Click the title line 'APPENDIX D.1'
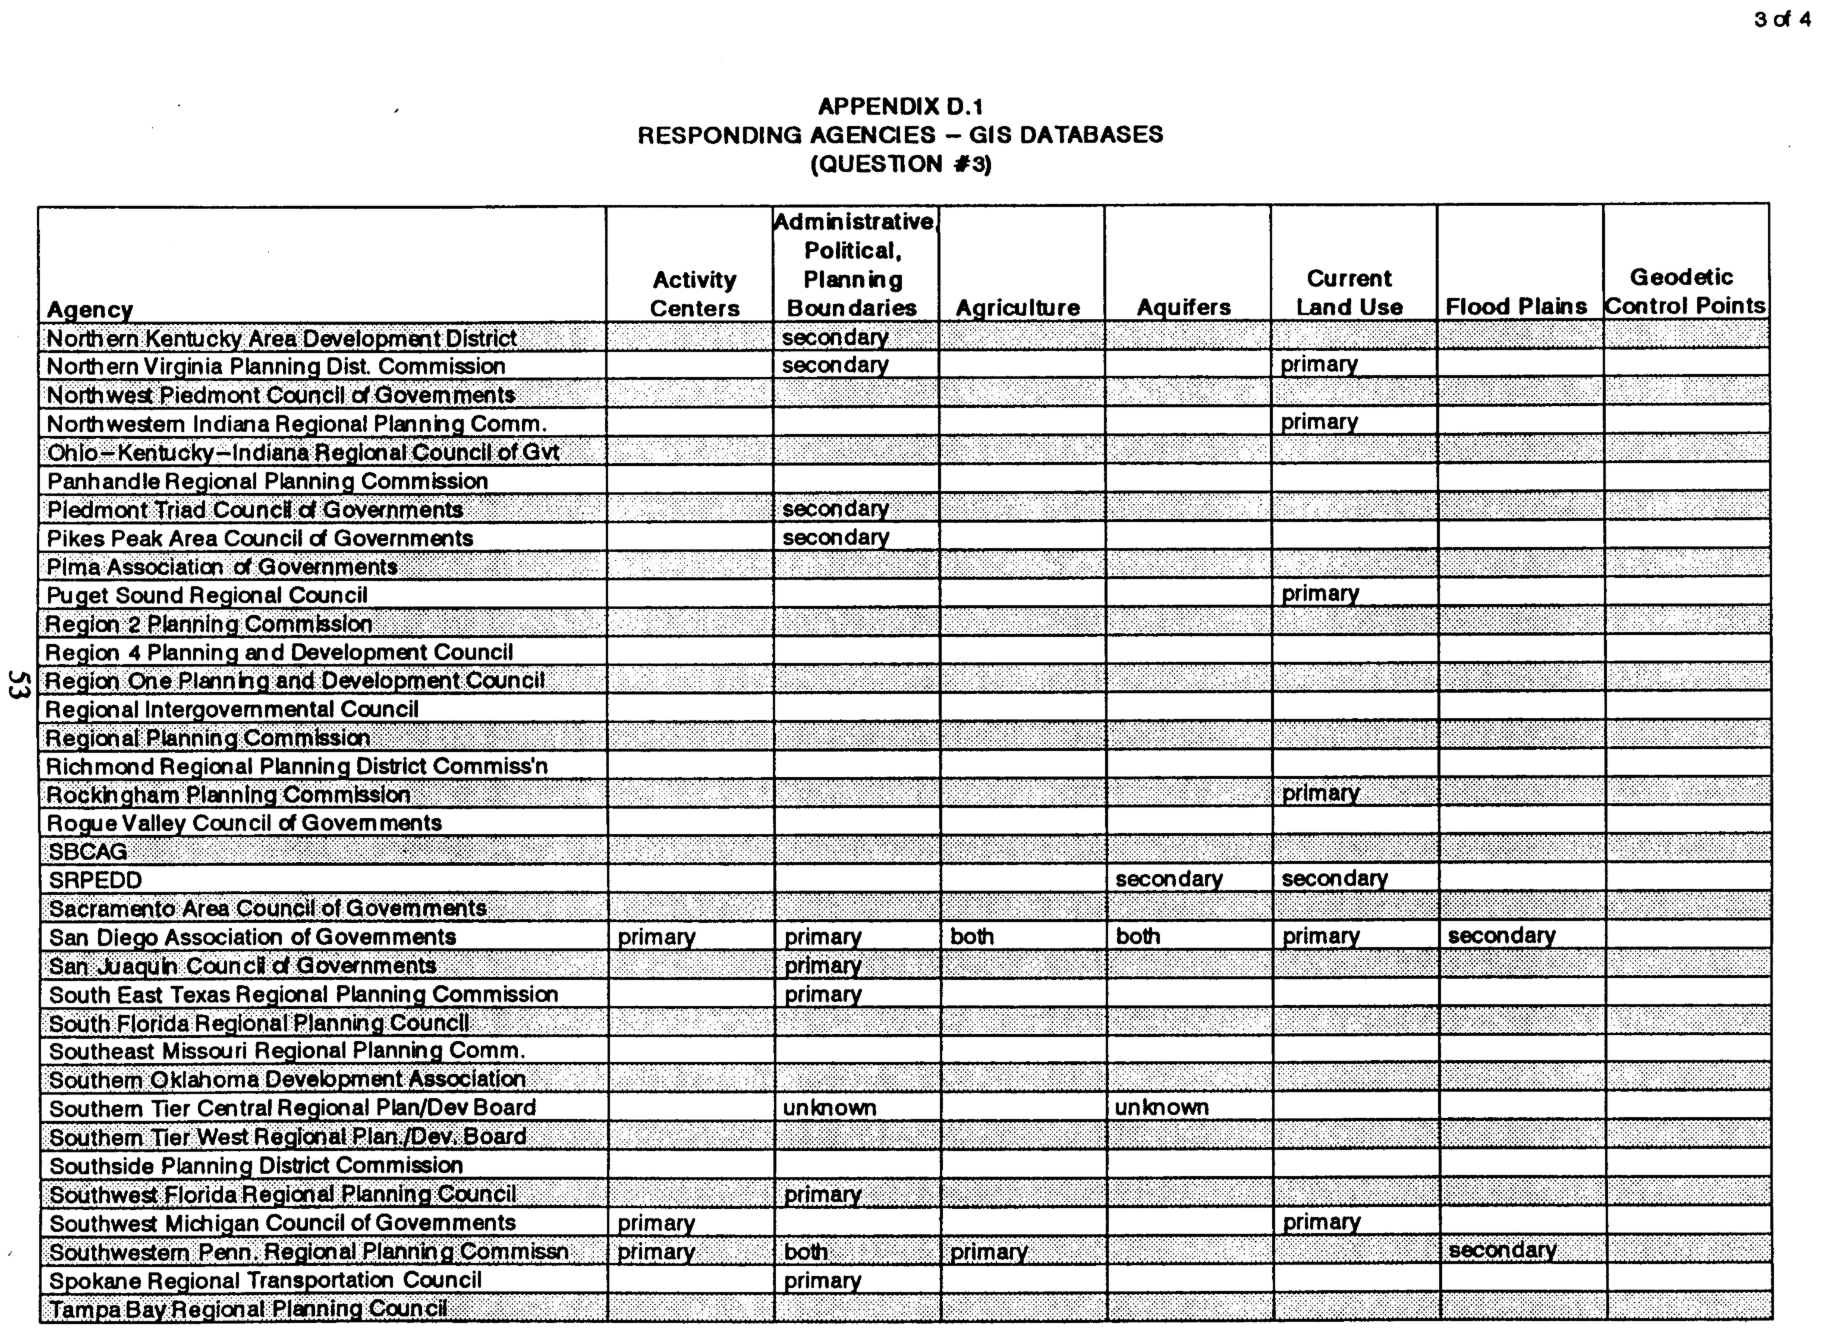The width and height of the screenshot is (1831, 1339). (900, 106)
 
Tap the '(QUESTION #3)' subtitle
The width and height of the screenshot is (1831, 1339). (900, 165)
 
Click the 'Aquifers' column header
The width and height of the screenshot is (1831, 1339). (1184, 307)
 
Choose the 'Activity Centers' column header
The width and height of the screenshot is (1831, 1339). (694, 293)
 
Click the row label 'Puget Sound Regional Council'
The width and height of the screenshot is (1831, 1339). (207, 595)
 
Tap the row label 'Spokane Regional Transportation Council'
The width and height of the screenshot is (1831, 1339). (265, 1280)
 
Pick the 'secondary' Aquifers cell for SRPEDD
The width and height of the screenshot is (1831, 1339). (1168, 879)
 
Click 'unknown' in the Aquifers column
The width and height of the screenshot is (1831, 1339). (1161, 1107)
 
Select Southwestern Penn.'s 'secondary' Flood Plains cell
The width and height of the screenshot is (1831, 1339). (1502, 1250)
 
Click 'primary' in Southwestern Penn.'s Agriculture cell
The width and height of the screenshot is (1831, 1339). (989, 1252)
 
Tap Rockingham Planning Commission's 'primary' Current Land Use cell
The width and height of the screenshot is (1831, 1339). (1320, 794)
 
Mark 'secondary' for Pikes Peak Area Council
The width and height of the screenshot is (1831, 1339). (835, 538)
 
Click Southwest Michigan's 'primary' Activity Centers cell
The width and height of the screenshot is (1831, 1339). (656, 1223)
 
